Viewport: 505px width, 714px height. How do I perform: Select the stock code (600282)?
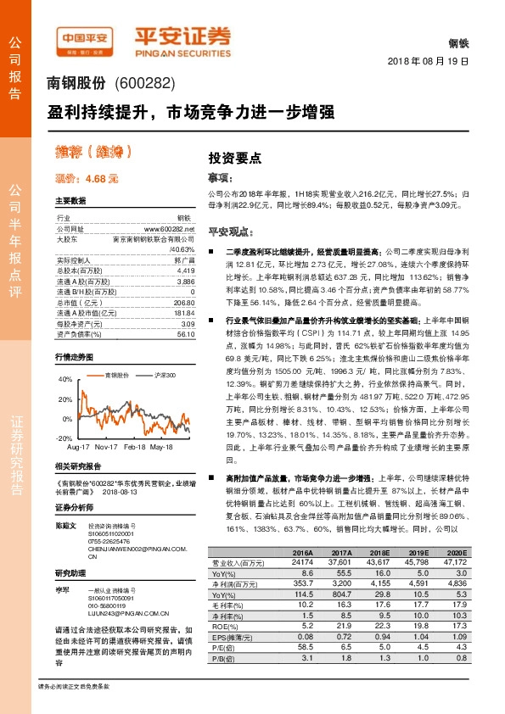click(x=143, y=83)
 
